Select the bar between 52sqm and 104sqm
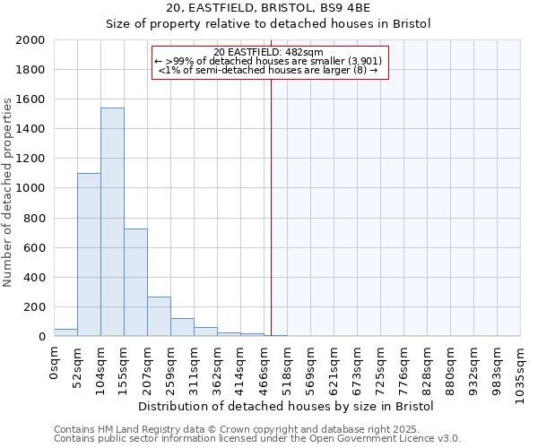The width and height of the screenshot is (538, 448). (x=89, y=254)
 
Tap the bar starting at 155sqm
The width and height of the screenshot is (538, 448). (x=135, y=282)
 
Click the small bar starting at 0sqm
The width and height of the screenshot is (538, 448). (x=65, y=332)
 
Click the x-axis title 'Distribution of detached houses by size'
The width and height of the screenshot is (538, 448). (x=287, y=406)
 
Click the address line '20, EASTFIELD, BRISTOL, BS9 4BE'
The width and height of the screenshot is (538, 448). (x=269, y=8)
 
